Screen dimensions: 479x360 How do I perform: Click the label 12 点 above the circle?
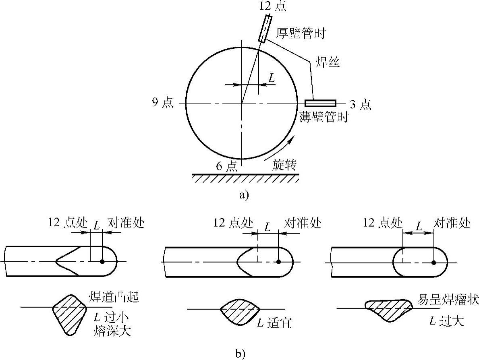click(273, 6)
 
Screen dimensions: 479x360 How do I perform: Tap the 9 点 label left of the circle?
click(163, 103)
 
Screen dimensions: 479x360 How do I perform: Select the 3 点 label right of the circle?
click(361, 104)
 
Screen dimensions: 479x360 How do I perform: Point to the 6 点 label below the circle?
click(226, 166)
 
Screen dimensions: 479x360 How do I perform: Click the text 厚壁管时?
click(301, 33)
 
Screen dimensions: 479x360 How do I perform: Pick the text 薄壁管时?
click(323, 117)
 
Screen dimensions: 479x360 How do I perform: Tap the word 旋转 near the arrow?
click(284, 165)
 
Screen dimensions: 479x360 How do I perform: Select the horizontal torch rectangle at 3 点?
click(320, 103)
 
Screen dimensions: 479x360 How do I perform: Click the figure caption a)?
click(244, 195)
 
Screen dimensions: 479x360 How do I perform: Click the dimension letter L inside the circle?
click(272, 78)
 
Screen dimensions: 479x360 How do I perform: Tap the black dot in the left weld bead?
click(102, 261)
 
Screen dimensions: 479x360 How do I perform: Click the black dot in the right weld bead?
click(433, 262)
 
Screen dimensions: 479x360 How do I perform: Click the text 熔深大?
click(113, 330)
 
